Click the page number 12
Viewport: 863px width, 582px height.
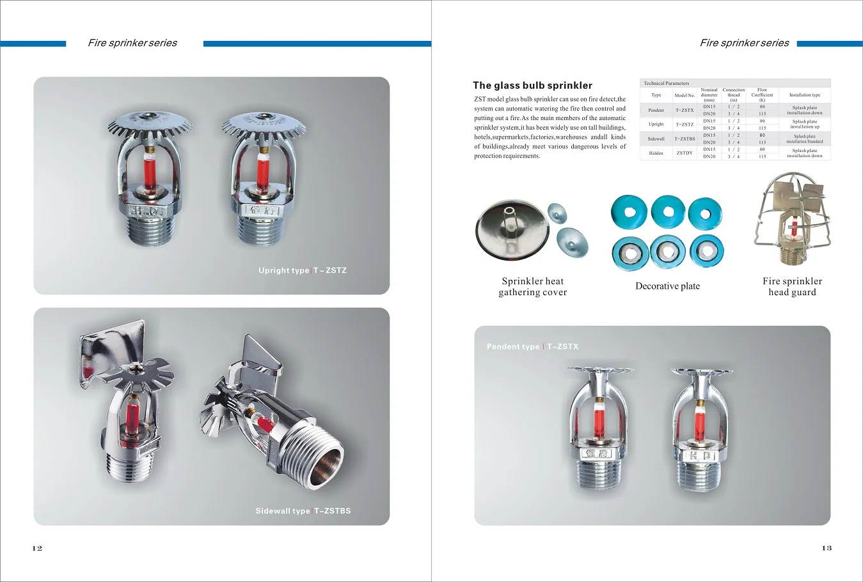[37, 548]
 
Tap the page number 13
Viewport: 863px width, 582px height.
[827, 548]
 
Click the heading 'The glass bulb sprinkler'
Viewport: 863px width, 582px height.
[532, 86]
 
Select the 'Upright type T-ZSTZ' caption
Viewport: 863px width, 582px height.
[302, 270]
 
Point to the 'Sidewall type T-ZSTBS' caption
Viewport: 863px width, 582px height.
[303, 511]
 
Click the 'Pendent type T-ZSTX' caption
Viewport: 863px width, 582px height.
[532, 347]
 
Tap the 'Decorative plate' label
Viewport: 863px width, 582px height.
[667, 286]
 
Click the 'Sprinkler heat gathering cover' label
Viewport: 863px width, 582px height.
[533, 287]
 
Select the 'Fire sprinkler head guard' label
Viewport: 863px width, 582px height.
[792, 287]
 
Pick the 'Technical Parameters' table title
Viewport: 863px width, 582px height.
[666, 83]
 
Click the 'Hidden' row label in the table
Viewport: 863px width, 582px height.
[656, 153]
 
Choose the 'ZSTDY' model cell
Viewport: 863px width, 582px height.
[685, 153]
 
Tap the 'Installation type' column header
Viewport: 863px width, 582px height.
[804, 95]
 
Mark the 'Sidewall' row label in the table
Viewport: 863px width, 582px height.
[656, 139]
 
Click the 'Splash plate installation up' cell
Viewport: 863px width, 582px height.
[804, 124]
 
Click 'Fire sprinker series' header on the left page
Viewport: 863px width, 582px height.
[132, 43]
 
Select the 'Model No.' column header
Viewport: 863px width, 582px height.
[685, 95]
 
